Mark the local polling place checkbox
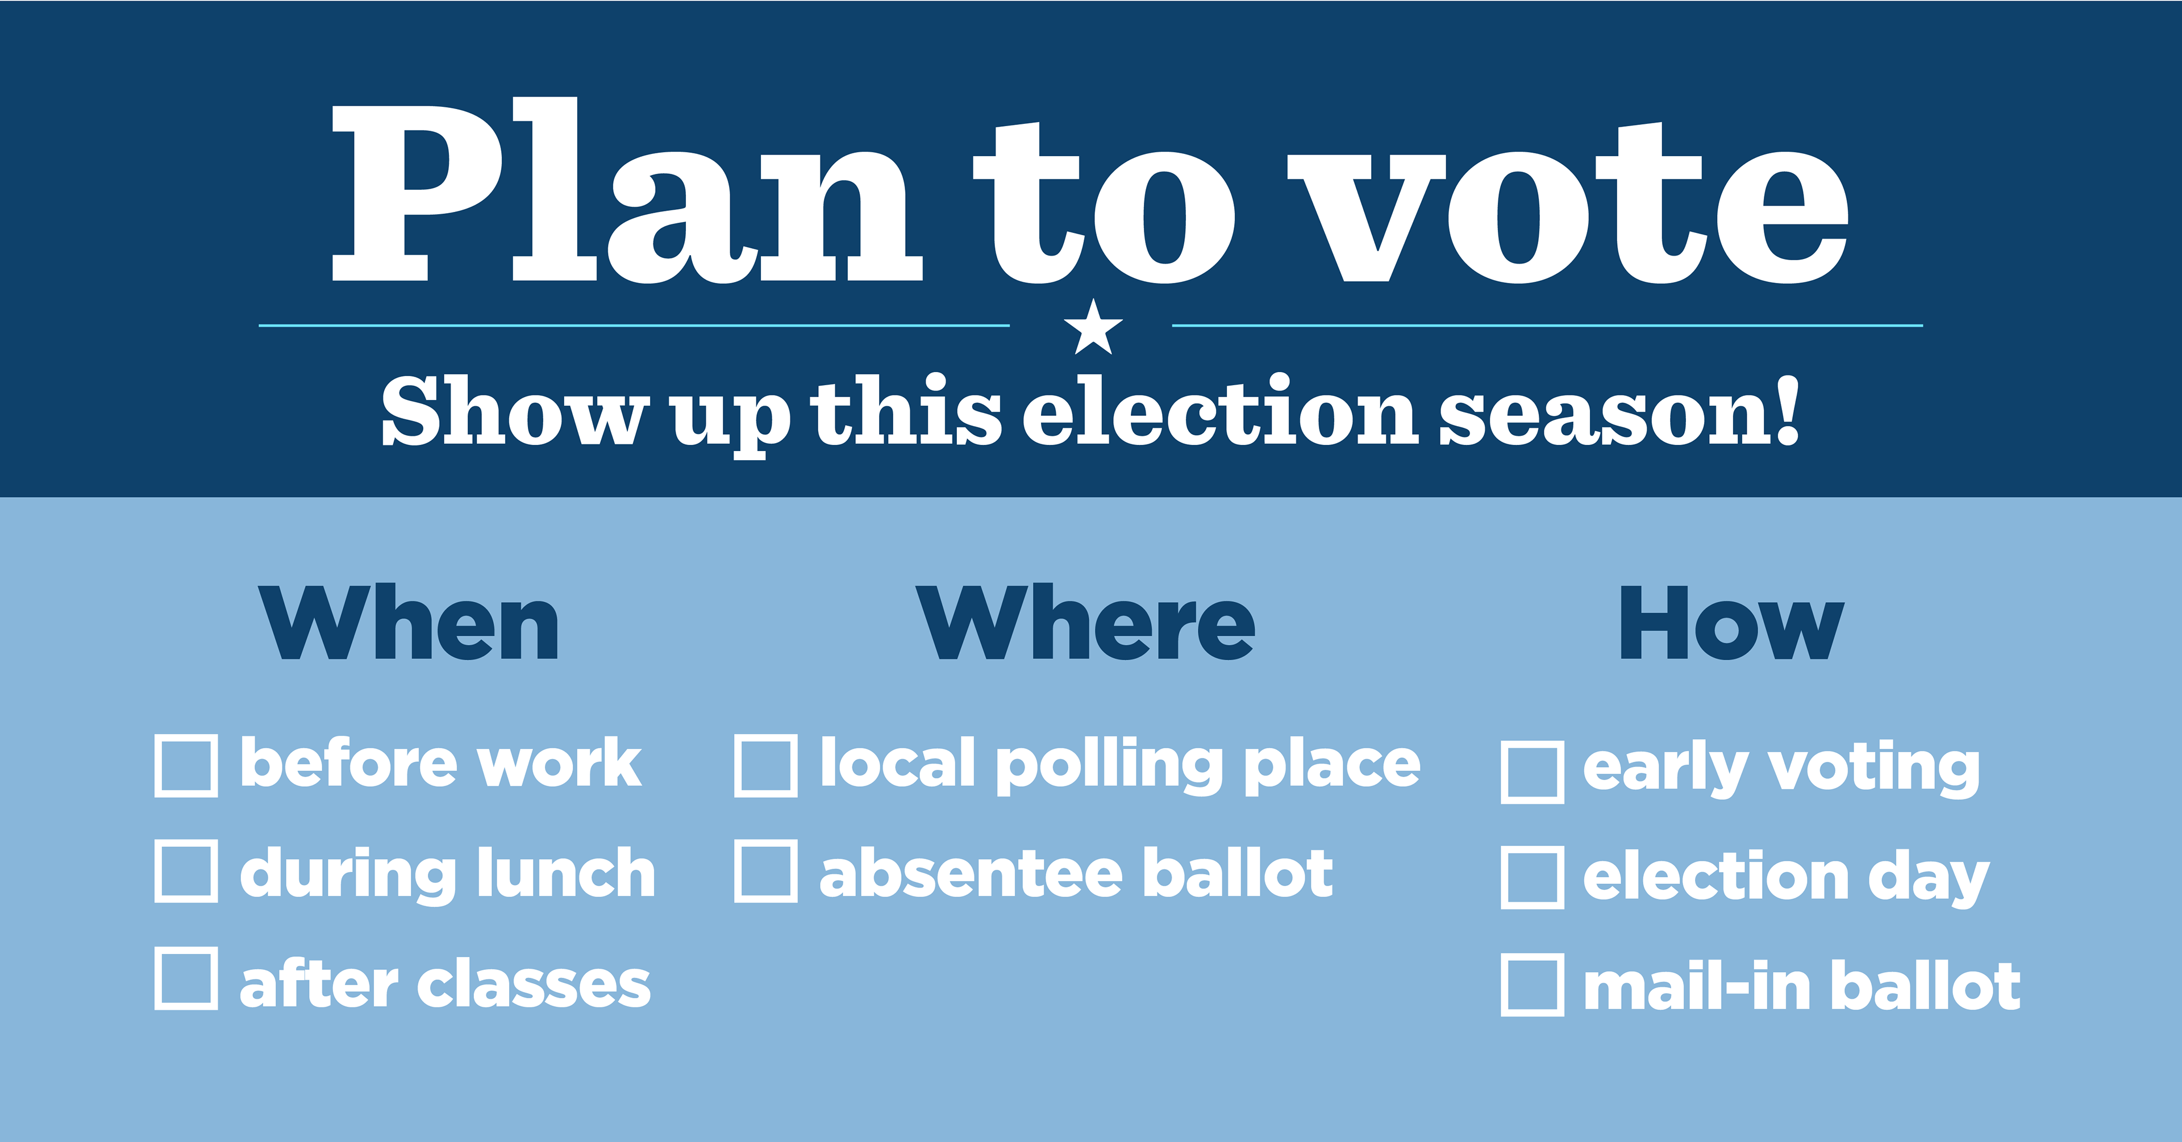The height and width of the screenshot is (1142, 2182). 766,766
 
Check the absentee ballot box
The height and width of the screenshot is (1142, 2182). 766,871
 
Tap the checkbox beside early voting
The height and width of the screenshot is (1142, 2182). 1533,772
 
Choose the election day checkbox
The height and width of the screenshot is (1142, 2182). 1533,878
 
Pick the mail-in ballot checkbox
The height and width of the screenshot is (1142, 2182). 1533,985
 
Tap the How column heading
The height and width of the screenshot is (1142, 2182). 1731,623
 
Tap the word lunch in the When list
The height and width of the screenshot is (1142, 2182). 566,873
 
